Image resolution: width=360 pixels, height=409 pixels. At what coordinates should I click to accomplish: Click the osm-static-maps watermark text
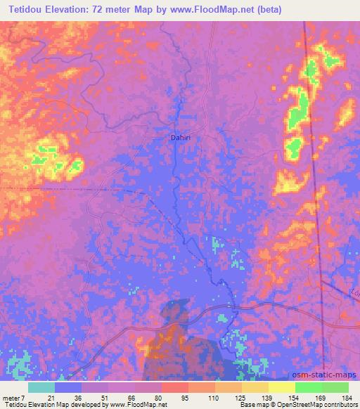click(330, 375)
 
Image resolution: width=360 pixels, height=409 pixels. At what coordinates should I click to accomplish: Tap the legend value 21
click(51, 398)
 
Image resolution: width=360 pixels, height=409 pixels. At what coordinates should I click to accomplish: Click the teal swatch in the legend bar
click(41, 387)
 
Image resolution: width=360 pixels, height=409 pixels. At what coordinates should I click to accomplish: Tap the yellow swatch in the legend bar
click(281, 387)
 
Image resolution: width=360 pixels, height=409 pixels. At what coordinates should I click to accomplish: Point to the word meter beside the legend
click(11, 398)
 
